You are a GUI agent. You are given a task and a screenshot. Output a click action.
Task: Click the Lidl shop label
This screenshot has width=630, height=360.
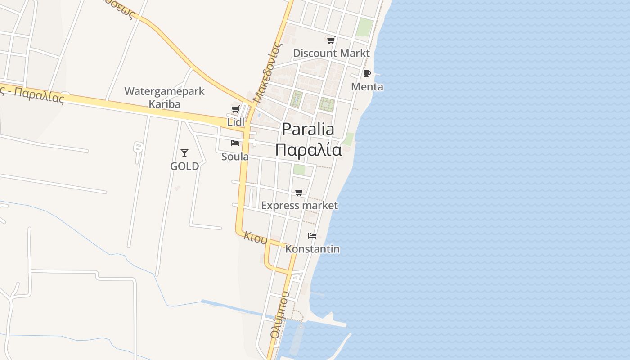point(236,122)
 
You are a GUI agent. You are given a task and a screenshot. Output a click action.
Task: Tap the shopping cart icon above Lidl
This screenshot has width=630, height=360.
point(235,109)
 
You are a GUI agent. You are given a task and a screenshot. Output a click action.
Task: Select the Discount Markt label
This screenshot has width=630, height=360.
point(331,53)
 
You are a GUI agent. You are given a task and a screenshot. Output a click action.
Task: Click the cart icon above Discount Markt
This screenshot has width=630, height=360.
point(331,40)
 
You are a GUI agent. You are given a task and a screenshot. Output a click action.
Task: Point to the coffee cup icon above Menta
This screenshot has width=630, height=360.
point(367,73)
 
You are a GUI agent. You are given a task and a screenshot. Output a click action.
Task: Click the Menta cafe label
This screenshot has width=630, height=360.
point(367,86)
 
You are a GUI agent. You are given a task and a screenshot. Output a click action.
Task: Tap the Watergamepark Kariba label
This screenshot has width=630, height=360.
point(164,98)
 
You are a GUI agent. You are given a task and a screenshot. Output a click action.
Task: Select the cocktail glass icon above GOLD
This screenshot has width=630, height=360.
point(184,153)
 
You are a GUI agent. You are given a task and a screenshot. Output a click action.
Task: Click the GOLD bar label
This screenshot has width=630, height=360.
point(184,166)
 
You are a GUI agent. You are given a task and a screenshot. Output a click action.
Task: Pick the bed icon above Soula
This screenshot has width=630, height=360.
point(234,143)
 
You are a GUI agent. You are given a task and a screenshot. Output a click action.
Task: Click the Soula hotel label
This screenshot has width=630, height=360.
point(235,156)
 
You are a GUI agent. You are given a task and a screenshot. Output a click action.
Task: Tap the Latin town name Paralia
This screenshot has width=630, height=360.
point(308,129)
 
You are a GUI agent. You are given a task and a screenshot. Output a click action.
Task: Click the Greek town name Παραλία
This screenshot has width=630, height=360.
point(308,150)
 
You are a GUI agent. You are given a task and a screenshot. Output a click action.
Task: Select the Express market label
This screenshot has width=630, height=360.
point(299,206)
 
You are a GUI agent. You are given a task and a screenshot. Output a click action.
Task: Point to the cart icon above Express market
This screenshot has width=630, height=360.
point(299,193)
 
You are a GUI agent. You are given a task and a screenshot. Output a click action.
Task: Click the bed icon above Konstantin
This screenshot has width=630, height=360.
point(312,236)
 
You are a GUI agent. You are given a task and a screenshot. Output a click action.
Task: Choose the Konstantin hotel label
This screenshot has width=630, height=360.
point(312,249)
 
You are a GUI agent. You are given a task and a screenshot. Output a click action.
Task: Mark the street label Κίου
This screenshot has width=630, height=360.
point(256,238)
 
